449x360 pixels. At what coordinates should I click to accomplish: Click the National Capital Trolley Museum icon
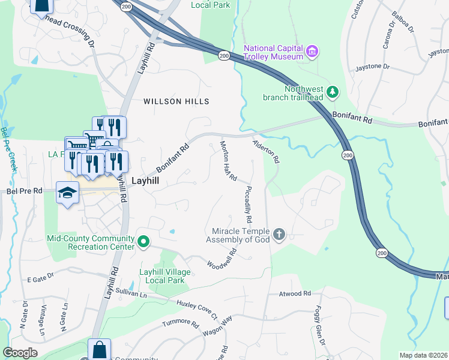pyautogui.click(x=312, y=52)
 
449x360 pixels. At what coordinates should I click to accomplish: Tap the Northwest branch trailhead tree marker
pyautogui.click(x=332, y=92)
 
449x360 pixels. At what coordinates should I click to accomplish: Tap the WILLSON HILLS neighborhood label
pyautogui.click(x=176, y=102)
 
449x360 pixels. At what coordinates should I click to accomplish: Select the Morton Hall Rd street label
pyautogui.click(x=229, y=161)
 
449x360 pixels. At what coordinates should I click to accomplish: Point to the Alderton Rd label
pyautogui.click(x=266, y=152)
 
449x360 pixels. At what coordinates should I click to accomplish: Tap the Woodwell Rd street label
pyautogui.click(x=222, y=257)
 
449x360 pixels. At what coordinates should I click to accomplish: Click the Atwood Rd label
pyautogui.click(x=295, y=294)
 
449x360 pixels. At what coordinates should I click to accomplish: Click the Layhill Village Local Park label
pyautogui.click(x=165, y=277)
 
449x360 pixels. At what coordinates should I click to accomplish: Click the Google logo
pyautogui.click(x=20, y=353)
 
